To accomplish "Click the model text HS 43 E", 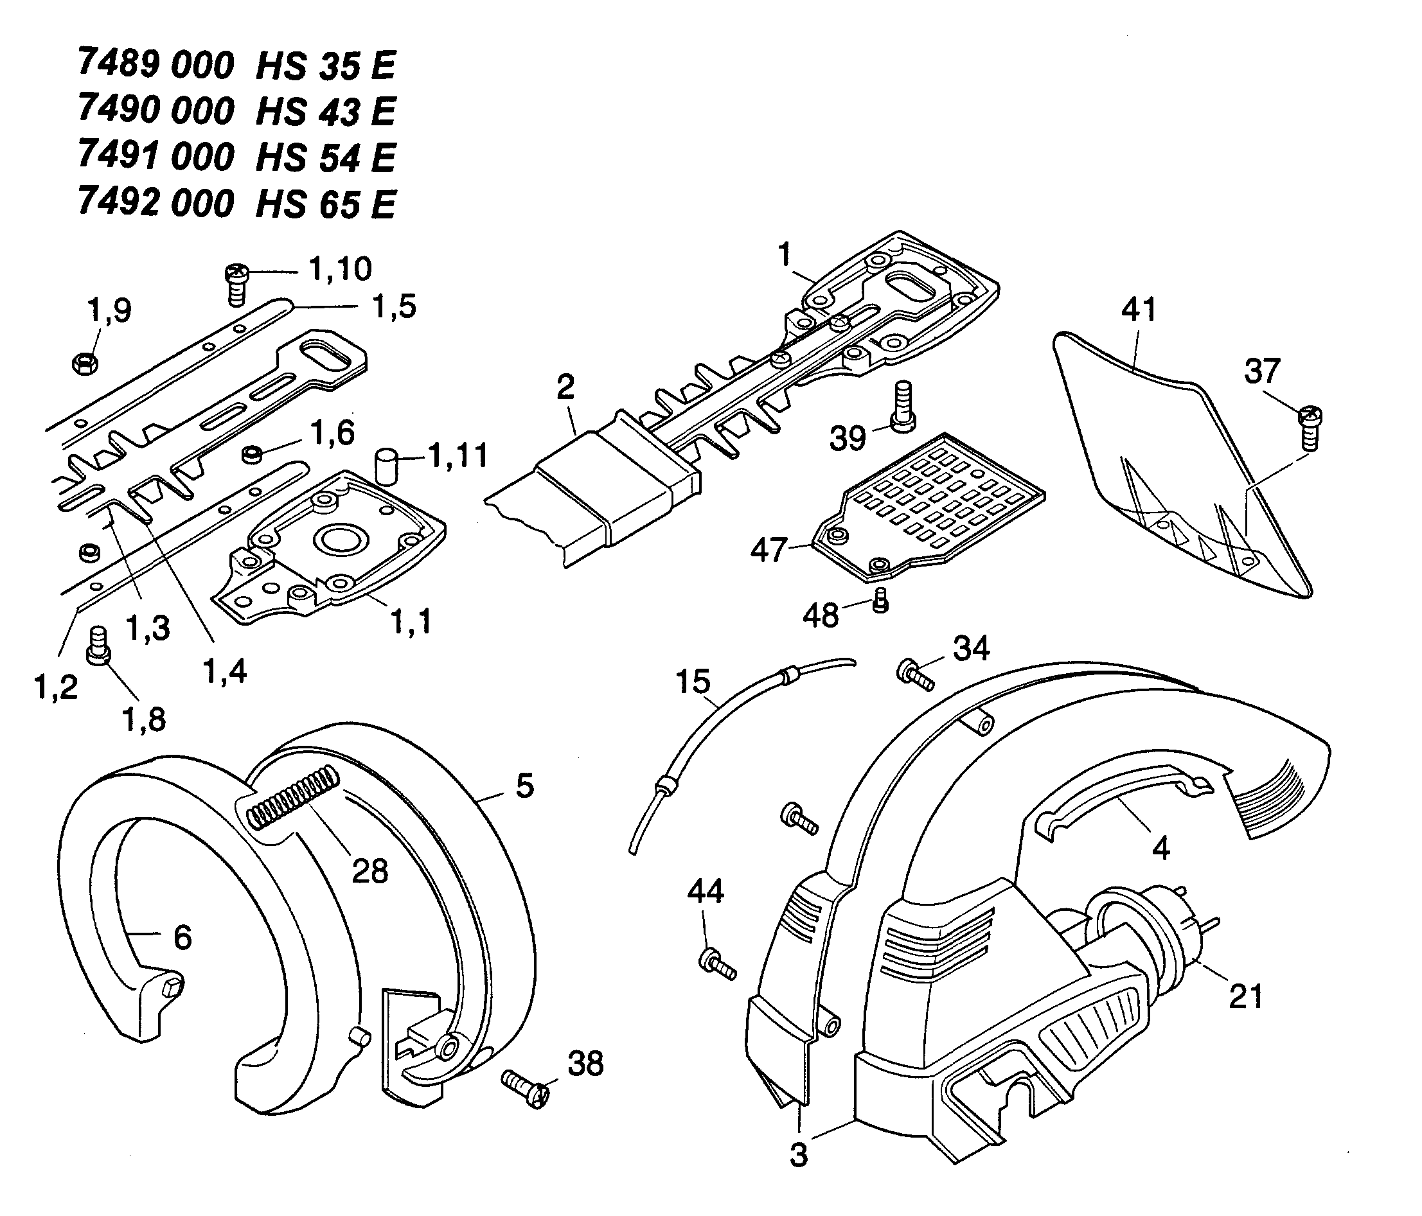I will pyautogui.click(x=325, y=111).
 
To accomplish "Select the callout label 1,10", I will pyautogui.click(x=341, y=269).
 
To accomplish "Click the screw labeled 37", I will pyautogui.click(x=1310, y=428).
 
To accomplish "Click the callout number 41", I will pyautogui.click(x=1139, y=310).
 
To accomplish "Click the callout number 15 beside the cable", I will pyautogui.click(x=693, y=682).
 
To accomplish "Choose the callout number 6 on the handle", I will pyautogui.click(x=182, y=937).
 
